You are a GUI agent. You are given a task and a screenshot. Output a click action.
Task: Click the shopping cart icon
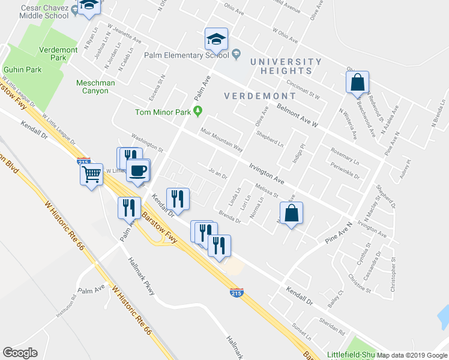tap(91, 175)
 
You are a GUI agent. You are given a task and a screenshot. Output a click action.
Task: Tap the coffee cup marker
tap(139, 170)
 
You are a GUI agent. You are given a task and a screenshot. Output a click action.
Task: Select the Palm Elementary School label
tap(187, 55)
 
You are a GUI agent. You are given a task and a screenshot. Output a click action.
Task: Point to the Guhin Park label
tap(22, 70)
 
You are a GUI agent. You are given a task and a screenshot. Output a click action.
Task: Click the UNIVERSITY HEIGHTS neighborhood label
tap(286, 66)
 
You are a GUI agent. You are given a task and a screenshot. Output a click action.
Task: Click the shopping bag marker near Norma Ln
tap(291, 213)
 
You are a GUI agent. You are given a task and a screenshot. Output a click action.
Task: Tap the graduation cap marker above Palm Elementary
tap(216, 40)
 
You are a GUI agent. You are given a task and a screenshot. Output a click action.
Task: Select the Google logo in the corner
tap(20, 353)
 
